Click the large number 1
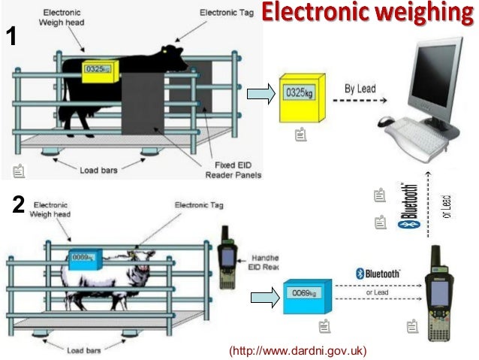coord(11,36)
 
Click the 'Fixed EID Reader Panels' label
coord(233,169)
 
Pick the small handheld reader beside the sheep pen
coord(226,253)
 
